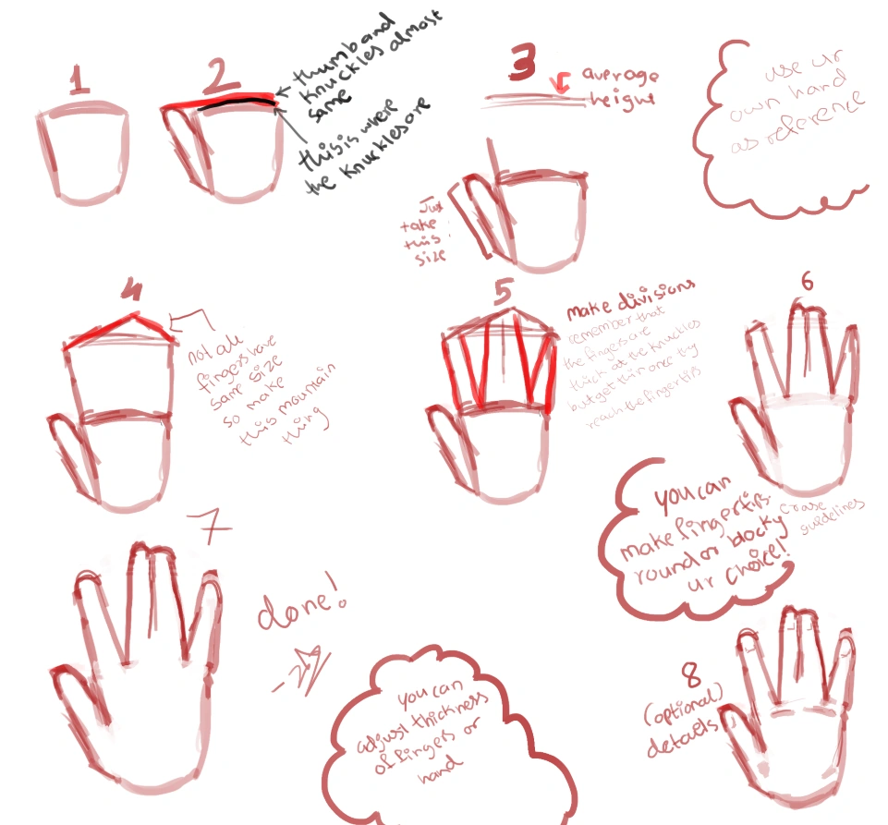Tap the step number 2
[x=221, y=79]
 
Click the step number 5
[x=503, y=292]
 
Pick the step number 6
[x=807, y=282]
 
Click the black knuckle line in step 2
[x=236, y=105]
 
